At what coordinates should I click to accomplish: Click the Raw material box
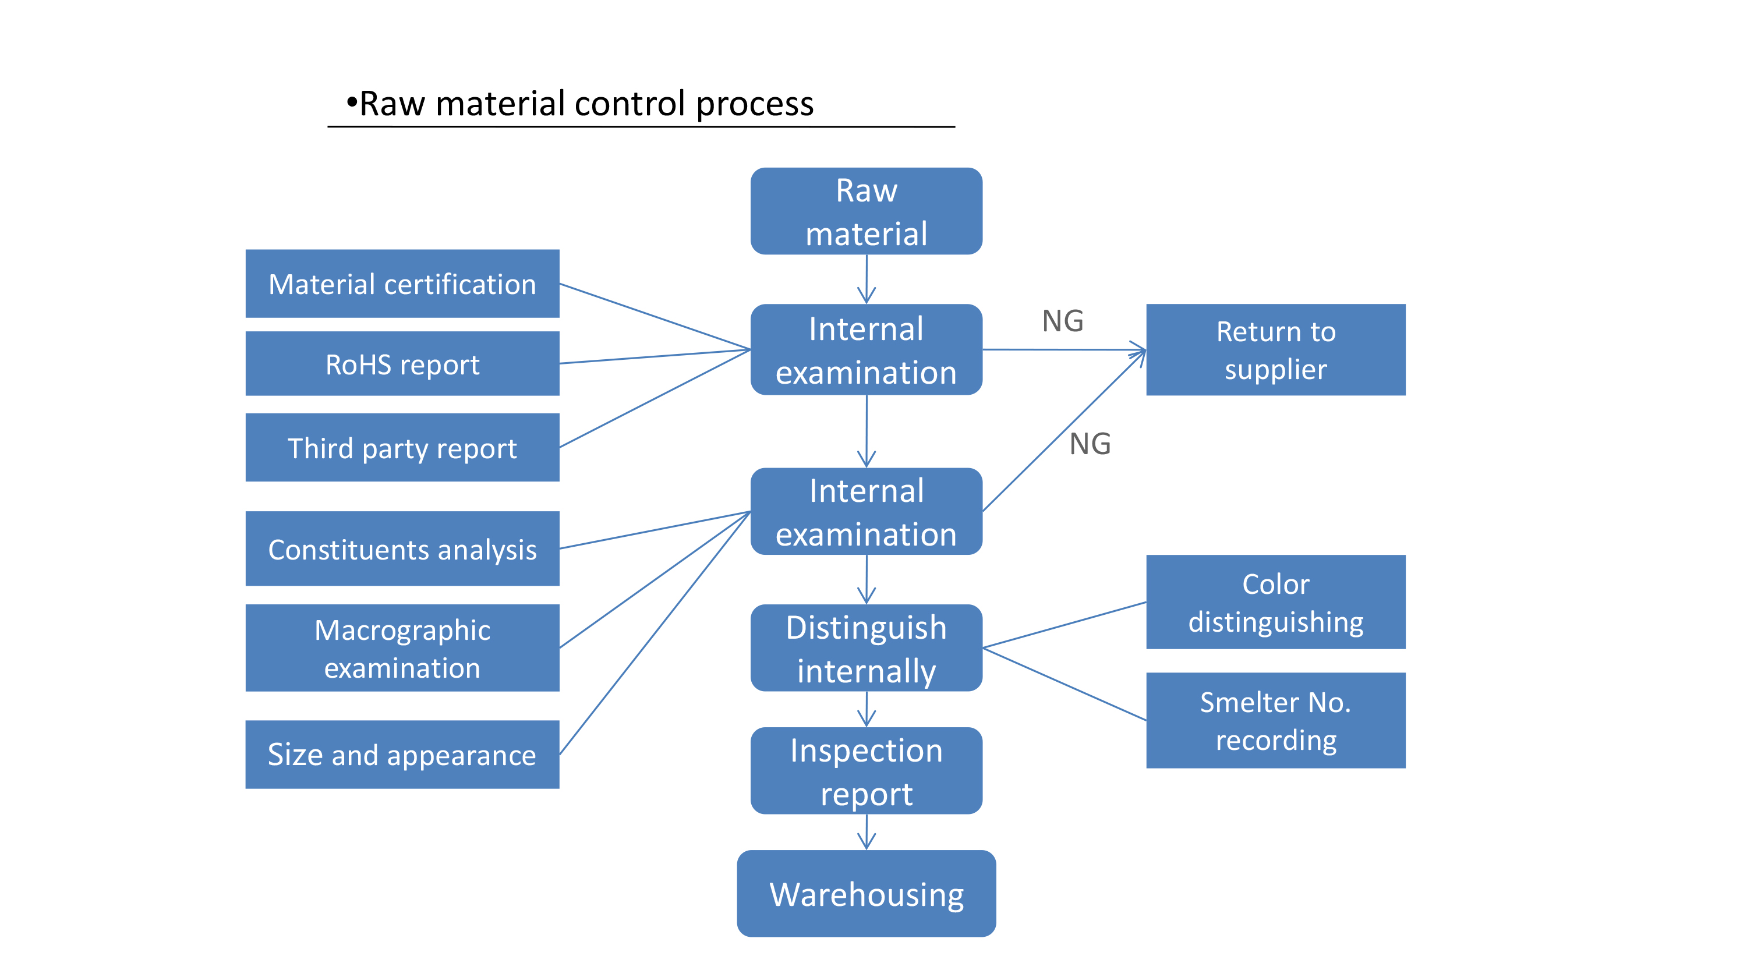click(x=866, y=211)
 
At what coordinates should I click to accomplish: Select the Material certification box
click(x=402, y=284)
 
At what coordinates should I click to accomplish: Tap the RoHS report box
click(x=402, y=363)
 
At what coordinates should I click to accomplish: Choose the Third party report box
click(x=402, y=448)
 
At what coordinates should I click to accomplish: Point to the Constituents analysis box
click(x=402, y=548)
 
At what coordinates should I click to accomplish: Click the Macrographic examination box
click(x=402, y=647)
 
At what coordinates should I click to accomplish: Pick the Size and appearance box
click(x=402, y=754)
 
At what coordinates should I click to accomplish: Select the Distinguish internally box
click(x=866, y=647)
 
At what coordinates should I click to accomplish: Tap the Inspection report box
click(x=866, y=770)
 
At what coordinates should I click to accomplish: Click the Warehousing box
click(x=866, y=893)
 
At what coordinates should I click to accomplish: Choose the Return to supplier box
click(x=1276, y=349)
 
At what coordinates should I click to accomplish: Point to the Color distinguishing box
click(x=1276, y=601)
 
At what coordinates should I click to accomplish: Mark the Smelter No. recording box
click(x=1276, y=720)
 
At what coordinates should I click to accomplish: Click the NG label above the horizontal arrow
click(x=1063, y=321)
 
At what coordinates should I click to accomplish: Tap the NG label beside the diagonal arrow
click(x=1090, y=444)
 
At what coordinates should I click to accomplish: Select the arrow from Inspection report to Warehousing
click(x=866, y=832)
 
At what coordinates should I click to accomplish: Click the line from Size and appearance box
click(x=655, y=633)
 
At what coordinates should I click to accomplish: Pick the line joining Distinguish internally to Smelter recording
click(x=1064, y=684)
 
